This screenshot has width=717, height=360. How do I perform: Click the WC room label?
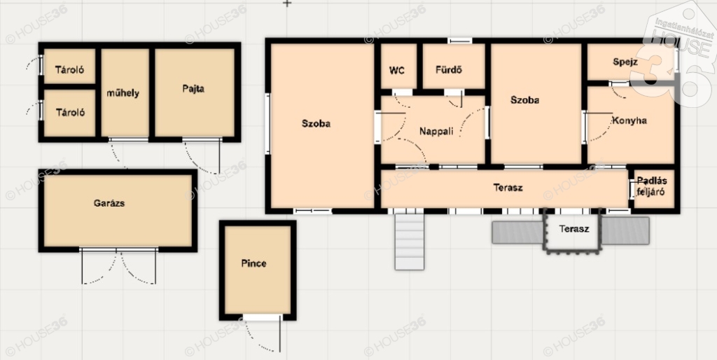point(397,71)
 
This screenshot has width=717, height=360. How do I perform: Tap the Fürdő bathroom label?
point(449,71)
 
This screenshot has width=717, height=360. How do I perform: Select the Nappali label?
point(436,132)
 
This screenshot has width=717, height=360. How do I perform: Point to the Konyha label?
point(629,120)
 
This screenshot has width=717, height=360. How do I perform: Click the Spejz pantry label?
point(625,62)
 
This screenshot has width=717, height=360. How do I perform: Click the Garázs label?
point(109,204)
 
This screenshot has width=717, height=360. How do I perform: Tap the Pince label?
point(253,263)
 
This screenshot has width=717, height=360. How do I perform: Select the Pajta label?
point(193,89)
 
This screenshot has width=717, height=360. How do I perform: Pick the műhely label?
point(123,93)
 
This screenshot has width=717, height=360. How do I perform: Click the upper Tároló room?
point(69,67)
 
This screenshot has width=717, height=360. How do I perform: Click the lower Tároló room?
point(69,113)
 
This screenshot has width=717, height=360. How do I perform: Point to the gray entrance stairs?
point(410,242)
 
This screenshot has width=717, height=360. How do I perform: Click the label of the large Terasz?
point(508,188)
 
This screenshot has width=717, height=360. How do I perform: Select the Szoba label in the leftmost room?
point(316,123)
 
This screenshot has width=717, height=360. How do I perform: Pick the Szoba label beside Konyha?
point(524,100)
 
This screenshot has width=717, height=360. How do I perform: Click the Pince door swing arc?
point(257,338)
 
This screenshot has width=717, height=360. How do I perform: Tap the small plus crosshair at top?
point(286,4)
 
